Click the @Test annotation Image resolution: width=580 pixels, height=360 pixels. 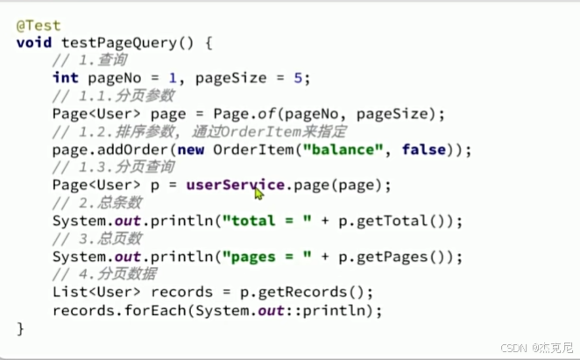click(x=35, y=25)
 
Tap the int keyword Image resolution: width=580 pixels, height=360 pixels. click(x=65, y=78)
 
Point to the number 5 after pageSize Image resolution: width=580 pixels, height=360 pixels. click(x=297, y=78)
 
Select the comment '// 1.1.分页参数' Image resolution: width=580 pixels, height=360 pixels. click(x=114, y=95)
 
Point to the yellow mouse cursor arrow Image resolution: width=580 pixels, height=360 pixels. click(x=258, y=193)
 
